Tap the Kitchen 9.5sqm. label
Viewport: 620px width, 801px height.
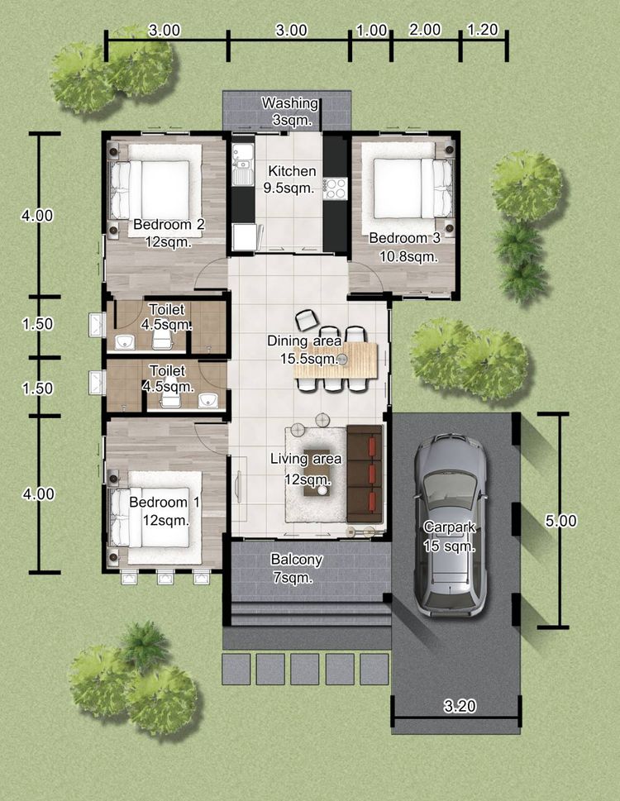coord(292,179)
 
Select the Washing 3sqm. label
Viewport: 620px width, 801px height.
coord(291,112)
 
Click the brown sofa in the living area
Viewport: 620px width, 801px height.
coord(365,474)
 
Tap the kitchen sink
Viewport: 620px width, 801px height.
coord(242,164)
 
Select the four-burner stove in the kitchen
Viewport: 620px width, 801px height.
coord(335,188)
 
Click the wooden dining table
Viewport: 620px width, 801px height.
coord(336,360)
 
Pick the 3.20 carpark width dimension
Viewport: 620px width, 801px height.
coord(460,706)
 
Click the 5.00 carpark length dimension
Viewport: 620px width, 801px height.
coord(560,521)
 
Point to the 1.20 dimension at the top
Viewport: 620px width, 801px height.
coord(482,30)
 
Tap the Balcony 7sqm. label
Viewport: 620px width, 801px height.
coord(296,569)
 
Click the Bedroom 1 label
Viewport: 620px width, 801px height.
coord(165,502)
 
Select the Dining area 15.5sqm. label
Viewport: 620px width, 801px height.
coord(305,350)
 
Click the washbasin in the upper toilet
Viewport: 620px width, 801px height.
coord(125,341)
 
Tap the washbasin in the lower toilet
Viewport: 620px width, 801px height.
coord(207,401)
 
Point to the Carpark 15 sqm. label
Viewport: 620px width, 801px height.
coord(450,536)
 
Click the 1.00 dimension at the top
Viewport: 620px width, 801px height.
coord(371,31)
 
